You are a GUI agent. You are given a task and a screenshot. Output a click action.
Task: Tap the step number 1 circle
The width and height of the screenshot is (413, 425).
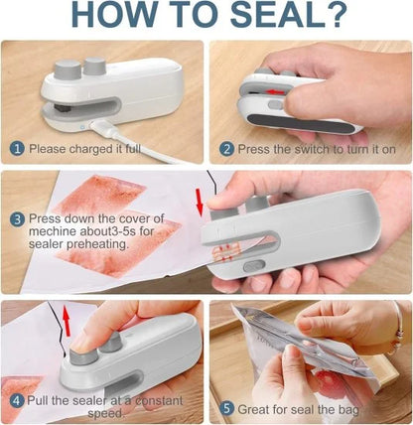click(x=17, y=148)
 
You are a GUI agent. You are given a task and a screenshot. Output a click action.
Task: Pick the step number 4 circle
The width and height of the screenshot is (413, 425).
click(x=17, y=402)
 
